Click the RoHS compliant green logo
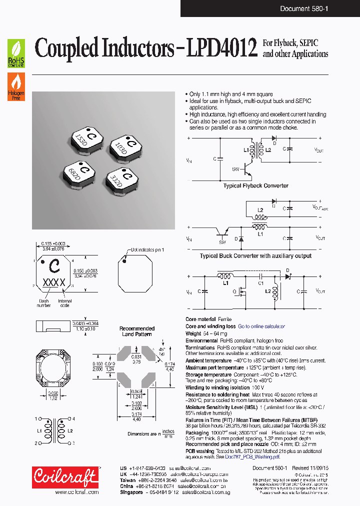tap(16, 54)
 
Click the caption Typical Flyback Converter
tap(256, 185)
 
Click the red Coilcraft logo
tap(65, 477)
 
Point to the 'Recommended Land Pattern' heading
tap(137, 331)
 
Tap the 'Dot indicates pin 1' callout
tap(147, 249)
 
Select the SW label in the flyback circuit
tap(235, 169)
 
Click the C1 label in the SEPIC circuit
tap(260, 282)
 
